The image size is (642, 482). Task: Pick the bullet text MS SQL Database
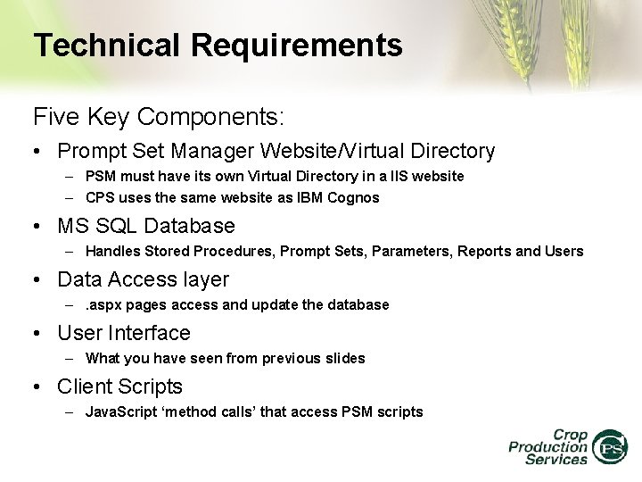point(145,226)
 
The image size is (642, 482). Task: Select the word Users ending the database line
point(563,252)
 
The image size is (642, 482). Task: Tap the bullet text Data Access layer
point(143,279)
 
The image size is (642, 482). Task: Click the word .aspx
point(103,305)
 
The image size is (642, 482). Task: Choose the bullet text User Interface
point(124,333)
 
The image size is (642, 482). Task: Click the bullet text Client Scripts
point(119,386)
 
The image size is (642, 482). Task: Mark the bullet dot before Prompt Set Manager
point(39,153)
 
